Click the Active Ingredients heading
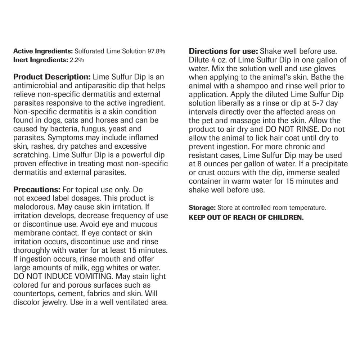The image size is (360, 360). (43, 51)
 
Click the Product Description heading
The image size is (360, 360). (51, 77)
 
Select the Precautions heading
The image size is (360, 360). (37, 190)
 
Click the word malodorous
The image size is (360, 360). (35, 207)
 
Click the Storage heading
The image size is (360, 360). (202, 208)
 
